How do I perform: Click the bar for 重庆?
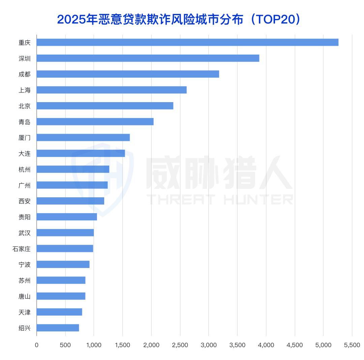click(187, 42)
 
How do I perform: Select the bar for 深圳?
click(148, 58)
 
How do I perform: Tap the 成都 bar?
click(128, 74)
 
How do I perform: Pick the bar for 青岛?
click(95, 121)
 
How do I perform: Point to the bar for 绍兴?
click(58, 328)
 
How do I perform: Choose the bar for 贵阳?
click(67, 217)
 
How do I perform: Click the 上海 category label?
click(25, 90)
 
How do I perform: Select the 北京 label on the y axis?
click(25, 106)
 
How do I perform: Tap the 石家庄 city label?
click(22, 249)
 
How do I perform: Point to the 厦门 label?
click(25, 138)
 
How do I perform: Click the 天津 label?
click(25, 312)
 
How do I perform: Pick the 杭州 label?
click(25, 169)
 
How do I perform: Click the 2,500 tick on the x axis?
click(180, 345)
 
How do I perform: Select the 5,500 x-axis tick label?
click(352, 345)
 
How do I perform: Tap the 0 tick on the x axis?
click(36, 345)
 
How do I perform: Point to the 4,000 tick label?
click(266, 345)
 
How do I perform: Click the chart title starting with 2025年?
click(179, 19)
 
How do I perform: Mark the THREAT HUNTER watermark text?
click(220, 199)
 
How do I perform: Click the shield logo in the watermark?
click(103, 179)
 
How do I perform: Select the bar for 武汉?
click(65, 233)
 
